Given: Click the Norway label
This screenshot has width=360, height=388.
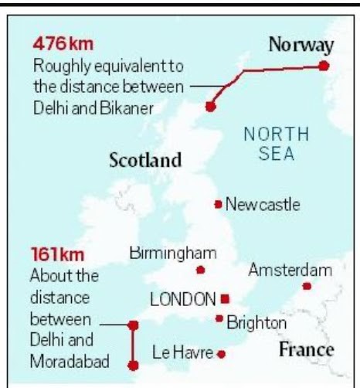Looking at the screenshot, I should click(301, 45).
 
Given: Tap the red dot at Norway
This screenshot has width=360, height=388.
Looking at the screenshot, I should click(324, 66).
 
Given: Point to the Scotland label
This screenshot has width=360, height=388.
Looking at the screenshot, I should click(145, 161).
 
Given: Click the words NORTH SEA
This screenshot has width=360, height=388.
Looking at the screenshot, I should click(277, 144).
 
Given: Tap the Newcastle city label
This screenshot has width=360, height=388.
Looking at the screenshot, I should click(263, 205).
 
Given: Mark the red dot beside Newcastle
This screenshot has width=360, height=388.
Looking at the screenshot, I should click(219, 204).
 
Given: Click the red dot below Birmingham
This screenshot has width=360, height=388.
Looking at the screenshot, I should click(201, 270).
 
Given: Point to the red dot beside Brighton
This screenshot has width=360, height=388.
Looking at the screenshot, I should click(219, 318).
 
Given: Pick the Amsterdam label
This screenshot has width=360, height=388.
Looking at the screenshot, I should click(290, 270).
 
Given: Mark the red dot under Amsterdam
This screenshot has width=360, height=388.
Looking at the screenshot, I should click(307, 286).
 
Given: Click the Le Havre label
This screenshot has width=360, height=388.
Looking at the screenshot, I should click(182, 353).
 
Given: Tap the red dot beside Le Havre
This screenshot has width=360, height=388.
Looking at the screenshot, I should click(222, 354).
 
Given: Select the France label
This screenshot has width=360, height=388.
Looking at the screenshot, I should click(306, 349).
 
